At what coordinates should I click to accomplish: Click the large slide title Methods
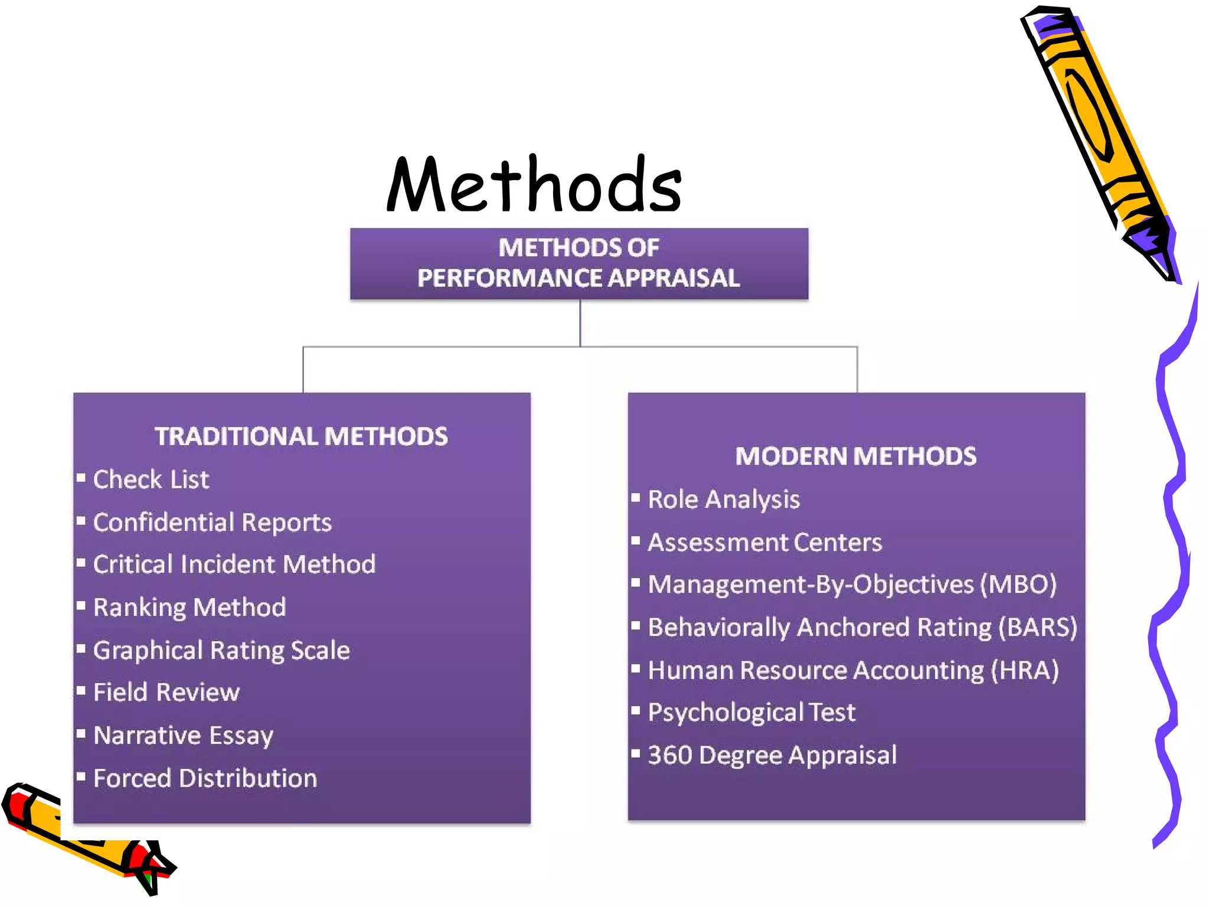[534, 184]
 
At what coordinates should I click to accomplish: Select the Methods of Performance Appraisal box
[579, 263]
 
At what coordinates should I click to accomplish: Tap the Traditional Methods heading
[301, 436]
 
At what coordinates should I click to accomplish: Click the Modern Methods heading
[855, 456]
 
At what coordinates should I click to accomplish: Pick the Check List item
[151, 479]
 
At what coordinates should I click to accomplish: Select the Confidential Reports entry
[213, 523]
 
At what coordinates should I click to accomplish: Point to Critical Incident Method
[234, 565]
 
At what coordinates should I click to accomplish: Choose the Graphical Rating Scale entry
[221, 650]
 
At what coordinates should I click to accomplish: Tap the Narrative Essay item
[184, 736]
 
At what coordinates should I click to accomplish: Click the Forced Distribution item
[205, 778]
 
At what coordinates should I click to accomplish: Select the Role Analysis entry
[724, 500]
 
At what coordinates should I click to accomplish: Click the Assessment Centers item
[764, 543]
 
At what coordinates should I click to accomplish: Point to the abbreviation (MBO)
[1018, 585]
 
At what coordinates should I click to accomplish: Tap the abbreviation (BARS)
[1038, 628]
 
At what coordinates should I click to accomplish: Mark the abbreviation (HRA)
[1025, 670]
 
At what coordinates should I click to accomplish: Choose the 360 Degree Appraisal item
[772, 755]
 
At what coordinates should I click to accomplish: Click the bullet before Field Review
[81, 690]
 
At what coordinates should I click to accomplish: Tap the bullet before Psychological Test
[636, 710]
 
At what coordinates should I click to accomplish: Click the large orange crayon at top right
[1098, 136]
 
